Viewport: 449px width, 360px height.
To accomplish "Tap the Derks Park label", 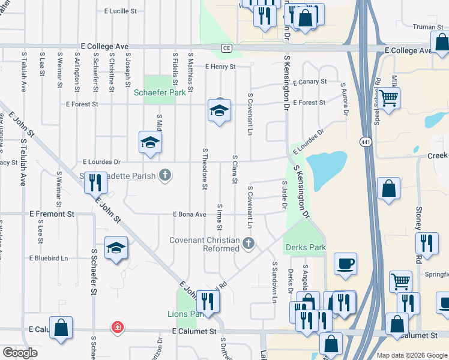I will tap(306, 247).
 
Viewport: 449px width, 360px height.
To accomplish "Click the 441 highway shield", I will tap(365, 142).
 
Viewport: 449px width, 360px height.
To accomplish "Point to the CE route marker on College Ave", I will tap(226, 48).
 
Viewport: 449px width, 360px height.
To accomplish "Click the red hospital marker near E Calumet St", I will tap(118, 328).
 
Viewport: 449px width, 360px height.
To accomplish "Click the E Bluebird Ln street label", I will tap(49, 258).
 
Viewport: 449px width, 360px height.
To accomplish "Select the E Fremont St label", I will tap(52, 214).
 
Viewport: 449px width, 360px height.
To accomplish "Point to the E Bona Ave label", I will tap(189, 214).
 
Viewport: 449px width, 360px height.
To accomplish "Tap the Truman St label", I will tap(428, 26).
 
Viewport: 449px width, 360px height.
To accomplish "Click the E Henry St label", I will tap(220, 67).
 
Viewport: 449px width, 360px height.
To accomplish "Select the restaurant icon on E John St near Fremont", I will tap(95, 182).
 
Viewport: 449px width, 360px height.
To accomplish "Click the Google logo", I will tap(20, 353).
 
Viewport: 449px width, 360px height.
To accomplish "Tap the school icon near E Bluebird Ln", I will tap(115, 248).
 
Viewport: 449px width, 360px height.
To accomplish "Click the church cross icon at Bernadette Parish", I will tap(165, 176).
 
